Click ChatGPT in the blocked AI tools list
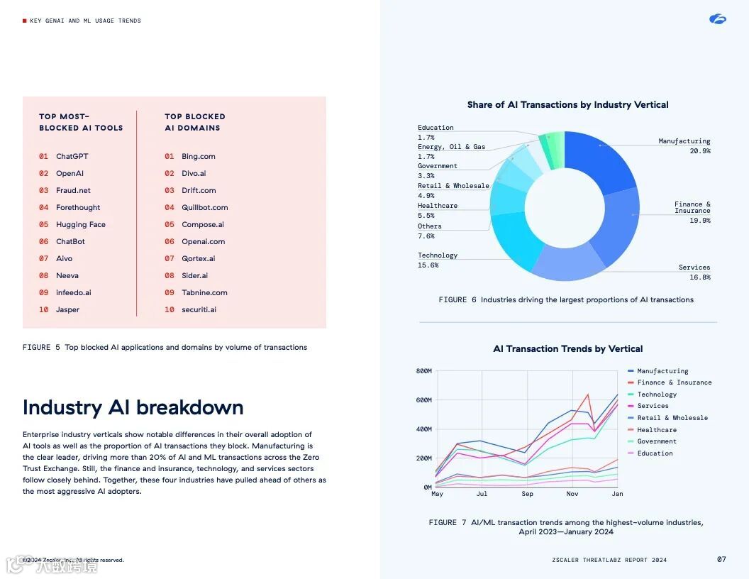point(72,156)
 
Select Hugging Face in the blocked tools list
point(80,224)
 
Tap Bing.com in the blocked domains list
point(198,156)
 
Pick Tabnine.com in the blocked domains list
point(204,292)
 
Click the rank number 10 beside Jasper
point(44,309)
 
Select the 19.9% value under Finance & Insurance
point(700,221)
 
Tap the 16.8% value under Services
point(700,277)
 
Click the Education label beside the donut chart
point(435,128)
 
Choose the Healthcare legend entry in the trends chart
point(656,430)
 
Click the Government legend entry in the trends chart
point(656,441)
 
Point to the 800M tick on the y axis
point(423,371)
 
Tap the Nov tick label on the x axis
point(572,494)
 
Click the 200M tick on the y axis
point(423,458)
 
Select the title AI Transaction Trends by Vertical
point(567,349)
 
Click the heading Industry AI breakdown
point(133,407)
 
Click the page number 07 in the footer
point(721,560)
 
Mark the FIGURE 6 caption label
point(453,300)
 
